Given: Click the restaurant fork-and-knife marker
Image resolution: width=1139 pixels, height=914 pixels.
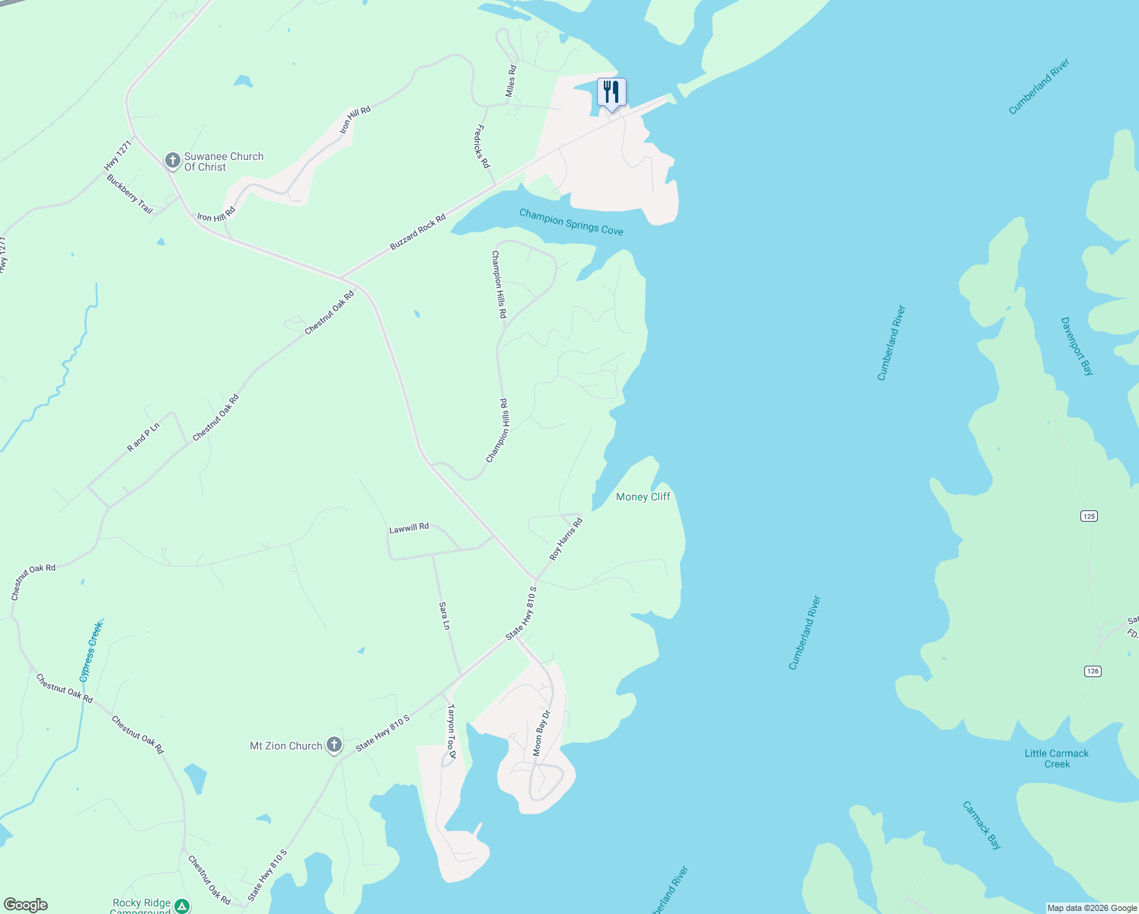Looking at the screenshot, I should click(x=611, y=93).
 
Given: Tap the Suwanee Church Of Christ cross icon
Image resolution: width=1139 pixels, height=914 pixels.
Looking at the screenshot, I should click(x=173, y=161).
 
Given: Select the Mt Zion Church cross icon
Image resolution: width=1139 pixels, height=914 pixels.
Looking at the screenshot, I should click(x=334, y=745).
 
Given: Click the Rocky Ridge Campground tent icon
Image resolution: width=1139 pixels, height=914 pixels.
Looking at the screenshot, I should click(x=182, y=906).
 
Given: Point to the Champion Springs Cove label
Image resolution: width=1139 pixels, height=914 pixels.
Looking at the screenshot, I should click(x=571, y=222).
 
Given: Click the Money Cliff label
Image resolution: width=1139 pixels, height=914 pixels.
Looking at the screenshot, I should click(x=643, y=497).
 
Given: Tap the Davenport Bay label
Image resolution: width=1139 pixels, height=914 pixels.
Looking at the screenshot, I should click(x=1077, y=347).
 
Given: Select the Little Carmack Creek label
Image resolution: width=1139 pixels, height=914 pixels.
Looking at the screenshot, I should click(x=1057, y=759).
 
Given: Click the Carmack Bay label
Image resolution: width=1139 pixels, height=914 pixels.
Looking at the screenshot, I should click(x=981, y=825).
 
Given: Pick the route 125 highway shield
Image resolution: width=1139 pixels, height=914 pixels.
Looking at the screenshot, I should click(x=1089, y=516).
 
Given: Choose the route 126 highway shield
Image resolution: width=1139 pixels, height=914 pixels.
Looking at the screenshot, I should click(x=1093, y=671).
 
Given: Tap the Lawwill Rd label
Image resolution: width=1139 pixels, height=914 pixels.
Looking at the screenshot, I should click(x=409, y=528).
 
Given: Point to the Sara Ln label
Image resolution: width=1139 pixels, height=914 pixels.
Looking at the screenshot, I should click(x=445, y=615).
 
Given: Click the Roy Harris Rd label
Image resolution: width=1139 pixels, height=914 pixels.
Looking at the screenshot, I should click(x=566, y=538).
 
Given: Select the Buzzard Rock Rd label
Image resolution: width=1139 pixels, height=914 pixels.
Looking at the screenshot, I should click(x=417, y=232).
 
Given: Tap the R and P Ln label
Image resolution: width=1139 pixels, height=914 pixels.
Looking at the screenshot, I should click(x=143, y=437).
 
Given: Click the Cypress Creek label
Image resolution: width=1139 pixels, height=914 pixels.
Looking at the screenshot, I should click(x=91, y=651).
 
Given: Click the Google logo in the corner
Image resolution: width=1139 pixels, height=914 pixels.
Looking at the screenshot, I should click(x=26, y=905).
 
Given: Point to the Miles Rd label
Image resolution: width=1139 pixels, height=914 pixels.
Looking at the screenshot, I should click(x=511, y=81).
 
